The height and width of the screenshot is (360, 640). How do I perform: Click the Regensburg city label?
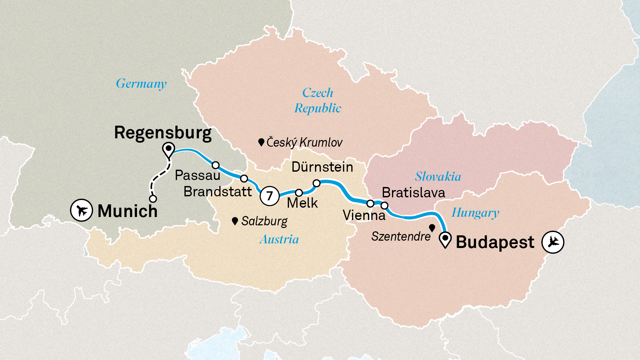tap(163, 133)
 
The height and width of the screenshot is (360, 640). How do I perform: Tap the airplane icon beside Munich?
tap(81, 210)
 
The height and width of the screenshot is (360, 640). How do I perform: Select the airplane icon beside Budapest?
tap(553, 242)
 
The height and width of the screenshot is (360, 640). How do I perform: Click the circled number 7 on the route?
tap(269, 196)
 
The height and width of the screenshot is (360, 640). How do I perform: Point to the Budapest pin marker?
tap(445, 239)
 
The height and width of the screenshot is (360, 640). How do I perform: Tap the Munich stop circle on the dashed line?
tap(153, 199)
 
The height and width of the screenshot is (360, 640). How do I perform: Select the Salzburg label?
tap(264, 221)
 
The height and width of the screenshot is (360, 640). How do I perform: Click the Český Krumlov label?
tap(304, 142)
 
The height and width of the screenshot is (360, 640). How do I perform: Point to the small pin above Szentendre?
tap(432, 228)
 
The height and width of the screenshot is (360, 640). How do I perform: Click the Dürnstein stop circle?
tap(316, 183)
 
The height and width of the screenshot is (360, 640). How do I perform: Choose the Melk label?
tap(302, 203)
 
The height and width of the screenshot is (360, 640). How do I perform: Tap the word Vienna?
tap(364, 215)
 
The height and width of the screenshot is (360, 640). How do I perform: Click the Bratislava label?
tap(413, 193)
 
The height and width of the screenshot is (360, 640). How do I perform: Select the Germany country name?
tap(141, 84)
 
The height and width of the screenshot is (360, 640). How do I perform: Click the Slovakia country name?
tap(438, 176)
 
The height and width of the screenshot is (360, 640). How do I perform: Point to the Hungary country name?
tap(475, 213)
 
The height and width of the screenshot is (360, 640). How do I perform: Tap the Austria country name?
tap(279, 239)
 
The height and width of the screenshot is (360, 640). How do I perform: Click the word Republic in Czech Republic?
tap(318, 108)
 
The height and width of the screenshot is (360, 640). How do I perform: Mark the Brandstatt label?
tap(218, 192)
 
